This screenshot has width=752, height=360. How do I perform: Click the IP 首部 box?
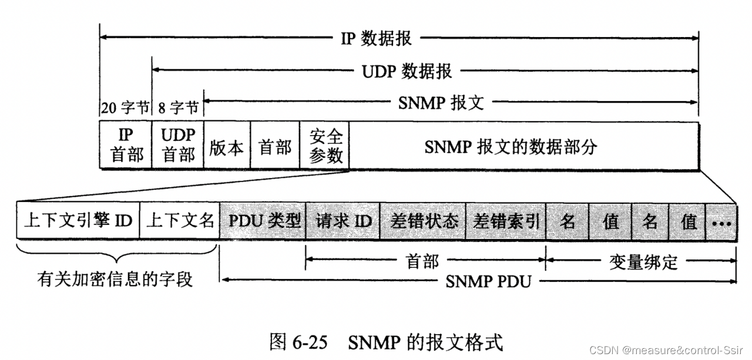click(126, 146)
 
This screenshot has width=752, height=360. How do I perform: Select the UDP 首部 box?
click(177, 146)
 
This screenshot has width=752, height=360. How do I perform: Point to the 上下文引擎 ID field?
click(78, 221)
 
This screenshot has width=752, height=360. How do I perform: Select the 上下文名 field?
click(179, 221)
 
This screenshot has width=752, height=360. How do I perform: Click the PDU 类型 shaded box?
click(263, 221)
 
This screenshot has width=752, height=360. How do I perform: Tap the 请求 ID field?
click(343, 221)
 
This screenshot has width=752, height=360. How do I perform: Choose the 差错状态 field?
click(423, 221)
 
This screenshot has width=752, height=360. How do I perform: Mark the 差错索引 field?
click(506, 221)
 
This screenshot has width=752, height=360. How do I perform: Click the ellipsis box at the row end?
click(721, 222)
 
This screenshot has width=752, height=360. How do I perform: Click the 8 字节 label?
click(179, 108)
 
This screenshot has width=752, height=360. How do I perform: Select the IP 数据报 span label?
click(376, 39)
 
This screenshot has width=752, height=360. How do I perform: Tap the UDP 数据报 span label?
click(407, 72)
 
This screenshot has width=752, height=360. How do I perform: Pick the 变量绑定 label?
click(642, 261)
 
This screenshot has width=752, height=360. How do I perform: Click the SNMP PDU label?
click(488, 281)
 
